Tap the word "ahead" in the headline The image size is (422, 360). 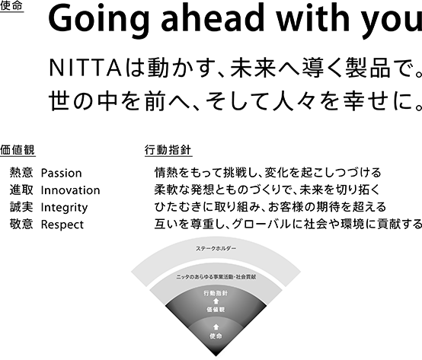point(213,18)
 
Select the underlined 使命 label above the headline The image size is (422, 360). point(11,6)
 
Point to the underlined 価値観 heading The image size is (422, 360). point(18,150)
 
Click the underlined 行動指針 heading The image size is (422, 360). point(168,150)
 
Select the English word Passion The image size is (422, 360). point(61,173)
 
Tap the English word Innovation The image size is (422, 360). point(70,190)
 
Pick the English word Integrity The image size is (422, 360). point(64,208)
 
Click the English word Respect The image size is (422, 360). point(62,225)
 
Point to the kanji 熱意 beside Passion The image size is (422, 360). point(21,173)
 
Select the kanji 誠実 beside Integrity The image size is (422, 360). point(21,207)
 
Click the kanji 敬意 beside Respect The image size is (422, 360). point(21,225)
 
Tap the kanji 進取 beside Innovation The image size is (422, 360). point(21,190)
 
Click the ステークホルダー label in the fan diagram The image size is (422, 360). point(216,248)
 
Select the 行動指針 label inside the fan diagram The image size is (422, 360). point(216,293)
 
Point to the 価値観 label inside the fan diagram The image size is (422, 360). point(216,310)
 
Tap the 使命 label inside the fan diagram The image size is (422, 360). point(216,336)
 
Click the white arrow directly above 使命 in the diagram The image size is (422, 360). point(216,327)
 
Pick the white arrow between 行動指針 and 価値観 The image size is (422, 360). point(216,301)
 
